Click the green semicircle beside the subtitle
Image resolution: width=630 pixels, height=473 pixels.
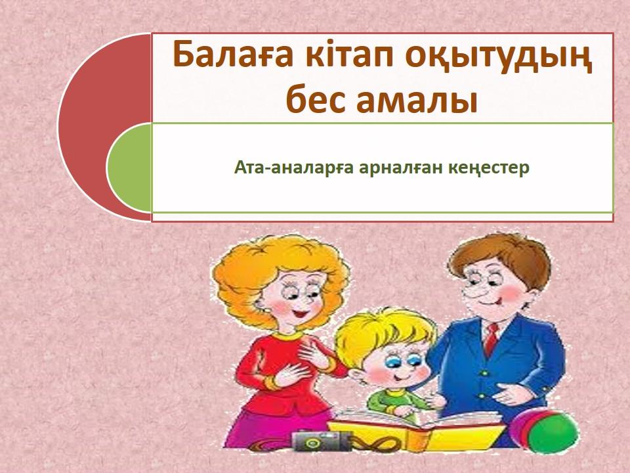[129, 168]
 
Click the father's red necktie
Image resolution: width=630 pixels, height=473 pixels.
[491, 339]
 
